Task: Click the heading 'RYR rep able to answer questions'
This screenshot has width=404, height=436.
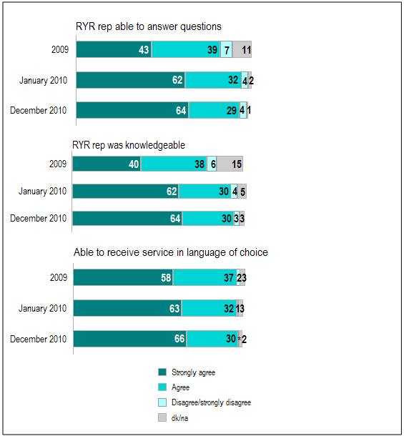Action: [149, 27]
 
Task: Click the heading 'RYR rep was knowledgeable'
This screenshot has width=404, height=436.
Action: [129, 145]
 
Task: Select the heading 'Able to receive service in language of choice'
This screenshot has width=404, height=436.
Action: [171, 252]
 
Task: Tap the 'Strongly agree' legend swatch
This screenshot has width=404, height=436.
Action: [162, 372]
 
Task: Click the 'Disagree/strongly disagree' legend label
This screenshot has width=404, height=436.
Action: [212, 402]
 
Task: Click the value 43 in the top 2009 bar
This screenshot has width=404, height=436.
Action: [143, 49]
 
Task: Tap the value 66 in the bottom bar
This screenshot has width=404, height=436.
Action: [179, 340]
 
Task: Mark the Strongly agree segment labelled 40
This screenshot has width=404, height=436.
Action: [107, 164]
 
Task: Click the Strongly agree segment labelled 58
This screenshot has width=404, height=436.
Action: [123, 278]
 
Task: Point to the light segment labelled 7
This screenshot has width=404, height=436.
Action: [226, 49]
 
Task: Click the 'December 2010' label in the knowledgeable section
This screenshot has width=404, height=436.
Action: [38, 218]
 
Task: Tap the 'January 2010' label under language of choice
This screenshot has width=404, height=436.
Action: [43, 308]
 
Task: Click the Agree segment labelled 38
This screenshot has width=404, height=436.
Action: [173, 164]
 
